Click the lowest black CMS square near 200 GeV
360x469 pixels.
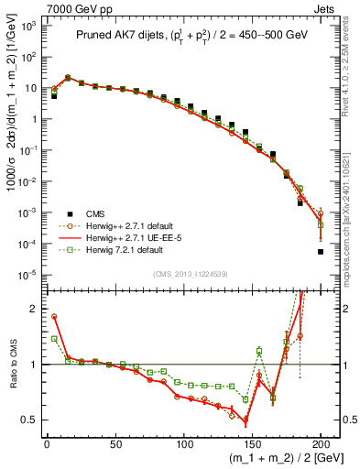point(321,251)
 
